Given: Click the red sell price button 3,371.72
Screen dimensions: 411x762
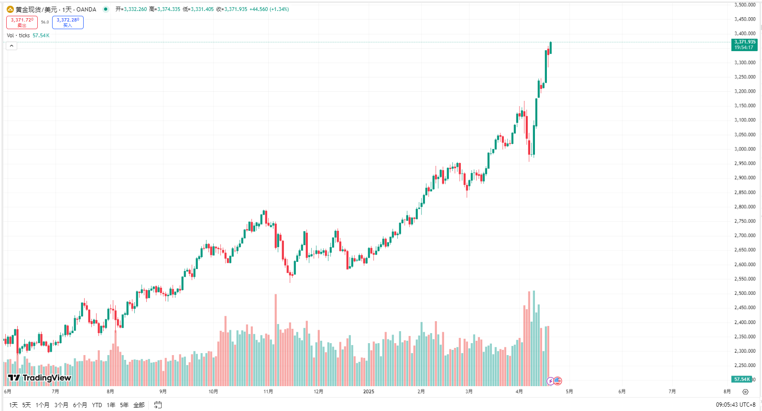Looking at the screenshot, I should [22, 22].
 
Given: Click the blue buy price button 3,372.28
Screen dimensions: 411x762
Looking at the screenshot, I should [68, 22].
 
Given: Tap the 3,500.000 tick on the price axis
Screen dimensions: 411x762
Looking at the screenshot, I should [745, 5].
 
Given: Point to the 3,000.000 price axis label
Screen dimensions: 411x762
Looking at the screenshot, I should [745, 149].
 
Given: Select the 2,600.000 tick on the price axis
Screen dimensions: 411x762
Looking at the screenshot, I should [745, 264].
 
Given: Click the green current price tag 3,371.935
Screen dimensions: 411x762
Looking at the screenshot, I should [745, 44].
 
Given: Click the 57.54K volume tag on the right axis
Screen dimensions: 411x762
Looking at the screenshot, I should [742, 379].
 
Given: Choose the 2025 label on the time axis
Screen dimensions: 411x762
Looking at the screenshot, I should [369, 391].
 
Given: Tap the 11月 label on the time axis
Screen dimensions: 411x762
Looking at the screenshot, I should [268, 391].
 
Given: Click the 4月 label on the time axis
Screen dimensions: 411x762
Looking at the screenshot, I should [519, 391].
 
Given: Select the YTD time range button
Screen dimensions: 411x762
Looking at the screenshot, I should [97, 405].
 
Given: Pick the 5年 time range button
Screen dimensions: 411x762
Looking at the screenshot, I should [124, 405].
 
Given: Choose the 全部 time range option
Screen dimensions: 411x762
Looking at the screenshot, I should [139, 405].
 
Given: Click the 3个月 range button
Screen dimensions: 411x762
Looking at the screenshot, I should [61, 405].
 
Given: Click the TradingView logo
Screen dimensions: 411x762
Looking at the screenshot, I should [40, 378].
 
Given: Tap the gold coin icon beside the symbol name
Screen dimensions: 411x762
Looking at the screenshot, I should [10, 9].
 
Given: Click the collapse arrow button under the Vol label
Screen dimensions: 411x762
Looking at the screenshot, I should [11, 46].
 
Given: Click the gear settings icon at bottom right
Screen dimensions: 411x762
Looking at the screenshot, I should [745, 392].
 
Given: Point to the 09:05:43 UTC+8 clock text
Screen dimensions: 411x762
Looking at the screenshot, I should [735, 405].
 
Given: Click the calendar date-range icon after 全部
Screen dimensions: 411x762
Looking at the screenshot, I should [158, 405].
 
